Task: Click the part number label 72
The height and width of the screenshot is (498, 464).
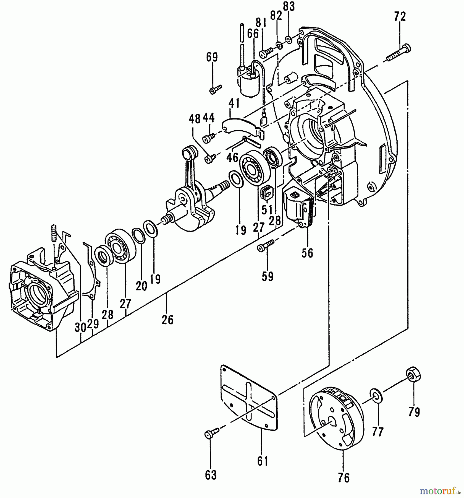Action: point(400,17)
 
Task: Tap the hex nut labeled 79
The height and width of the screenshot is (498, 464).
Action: point(413,375)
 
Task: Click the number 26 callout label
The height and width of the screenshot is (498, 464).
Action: point(167,320)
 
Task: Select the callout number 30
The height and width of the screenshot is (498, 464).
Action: point(80,328)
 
